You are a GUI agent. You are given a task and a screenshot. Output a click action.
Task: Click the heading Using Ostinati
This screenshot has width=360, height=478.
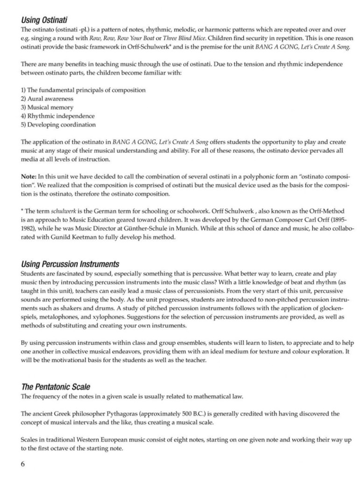(44, 20)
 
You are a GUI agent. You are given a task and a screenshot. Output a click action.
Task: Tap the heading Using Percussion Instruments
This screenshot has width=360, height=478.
(70, 264)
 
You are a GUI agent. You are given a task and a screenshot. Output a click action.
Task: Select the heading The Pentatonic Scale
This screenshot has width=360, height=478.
(56, 387)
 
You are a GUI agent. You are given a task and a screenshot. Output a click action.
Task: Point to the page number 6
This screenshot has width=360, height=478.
(23, 464)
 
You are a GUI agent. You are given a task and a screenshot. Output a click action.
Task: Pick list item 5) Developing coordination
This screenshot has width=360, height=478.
(58, 125)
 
